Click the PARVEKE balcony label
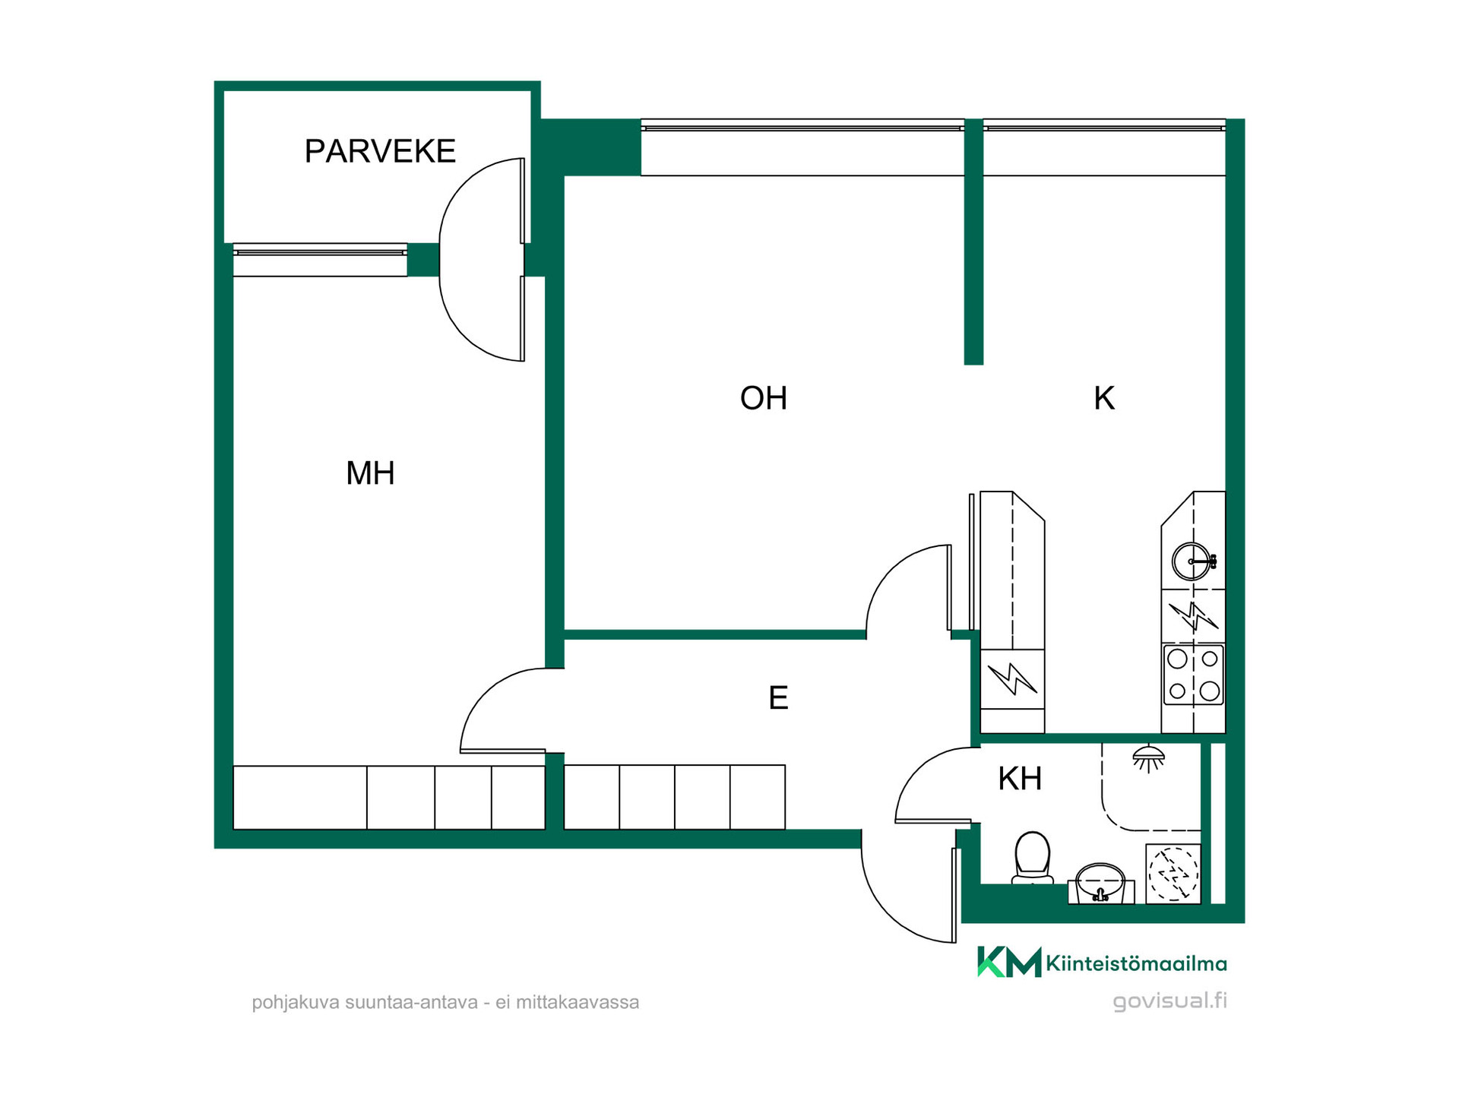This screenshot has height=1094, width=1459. coord(380,151)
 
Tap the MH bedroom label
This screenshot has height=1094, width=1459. coord(370,473)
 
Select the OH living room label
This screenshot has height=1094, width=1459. coord(764,398)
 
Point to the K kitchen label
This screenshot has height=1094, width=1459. coord(1104,398)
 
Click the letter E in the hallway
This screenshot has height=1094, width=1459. coord(778,697)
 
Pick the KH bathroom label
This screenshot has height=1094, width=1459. coord(1020,779)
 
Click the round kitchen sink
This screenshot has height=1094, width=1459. coord(1192,561)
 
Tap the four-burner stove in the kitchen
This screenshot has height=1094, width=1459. coord(1194,675)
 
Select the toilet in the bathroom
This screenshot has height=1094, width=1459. coord(1033,858)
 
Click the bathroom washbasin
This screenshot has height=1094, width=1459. coord(1100,883)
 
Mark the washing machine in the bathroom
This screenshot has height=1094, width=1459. coord(1173,874)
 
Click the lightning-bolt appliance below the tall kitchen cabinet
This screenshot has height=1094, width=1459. coord(1012,678)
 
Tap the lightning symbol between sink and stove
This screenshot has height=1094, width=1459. coord(1193,616)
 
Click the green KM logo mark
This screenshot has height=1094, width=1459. coord(1009,962)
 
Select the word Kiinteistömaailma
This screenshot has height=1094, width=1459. coord(1137,964)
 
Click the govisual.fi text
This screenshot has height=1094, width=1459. coord(1170,1001)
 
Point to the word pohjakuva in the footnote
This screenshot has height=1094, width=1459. coord(296,1003)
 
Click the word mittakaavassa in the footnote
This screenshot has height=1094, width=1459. coord(578,1003)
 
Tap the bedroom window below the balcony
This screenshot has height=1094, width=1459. coord(320,260)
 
